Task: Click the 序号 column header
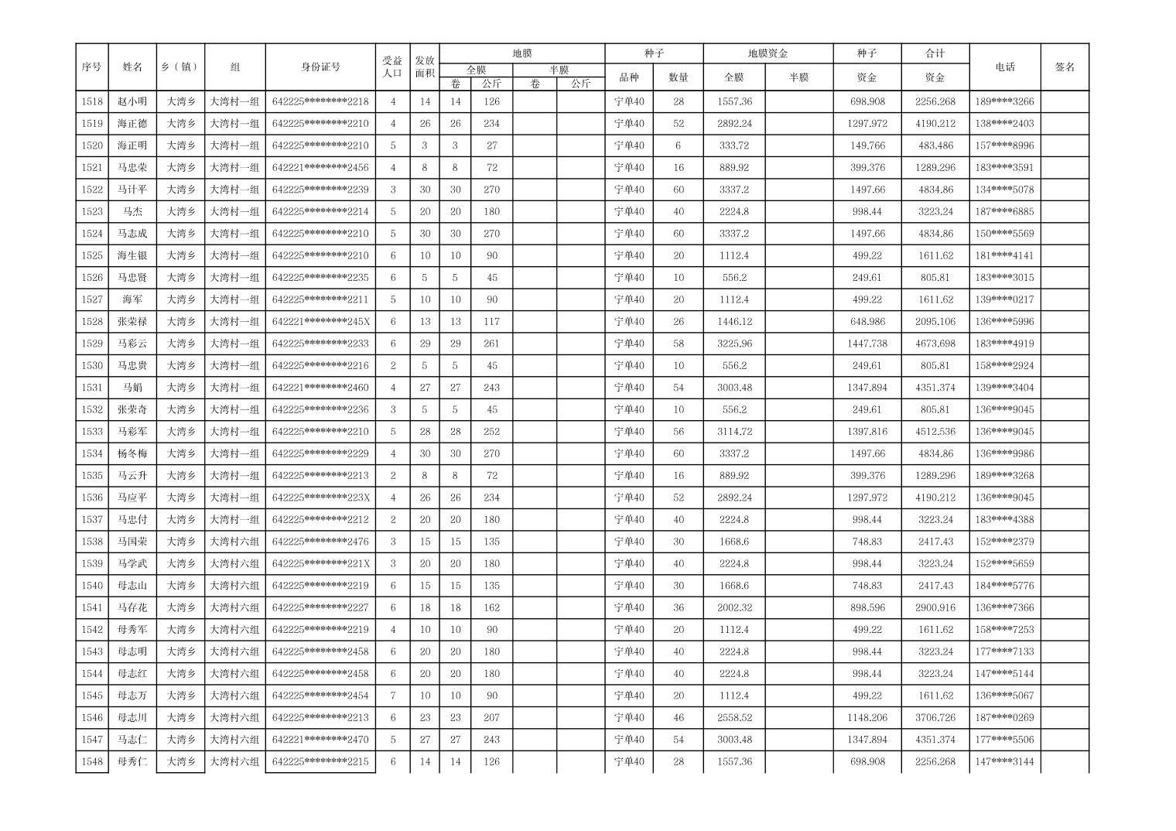[91, 67]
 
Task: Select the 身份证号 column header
[320, 67]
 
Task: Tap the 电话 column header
[1004, 67]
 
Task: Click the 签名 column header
[1065, 67]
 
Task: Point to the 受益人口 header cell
[392, 67]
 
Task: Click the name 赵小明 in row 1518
[132, 101]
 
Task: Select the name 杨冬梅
[132, 453]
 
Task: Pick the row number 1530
[91, 365]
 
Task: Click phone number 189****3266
[1004, 101]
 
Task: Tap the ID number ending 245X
[320, 321]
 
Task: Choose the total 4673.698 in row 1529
[935, 344]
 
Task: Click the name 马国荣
[132, 542]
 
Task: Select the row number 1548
[91, 761]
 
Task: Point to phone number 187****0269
[1004, 717]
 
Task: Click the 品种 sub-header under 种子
[629, 77]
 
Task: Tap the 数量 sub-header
[679, 77]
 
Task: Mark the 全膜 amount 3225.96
[734, 344]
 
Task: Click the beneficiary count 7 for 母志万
[393, 696]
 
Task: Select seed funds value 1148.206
[867, 717]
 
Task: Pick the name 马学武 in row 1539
[132, 563]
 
